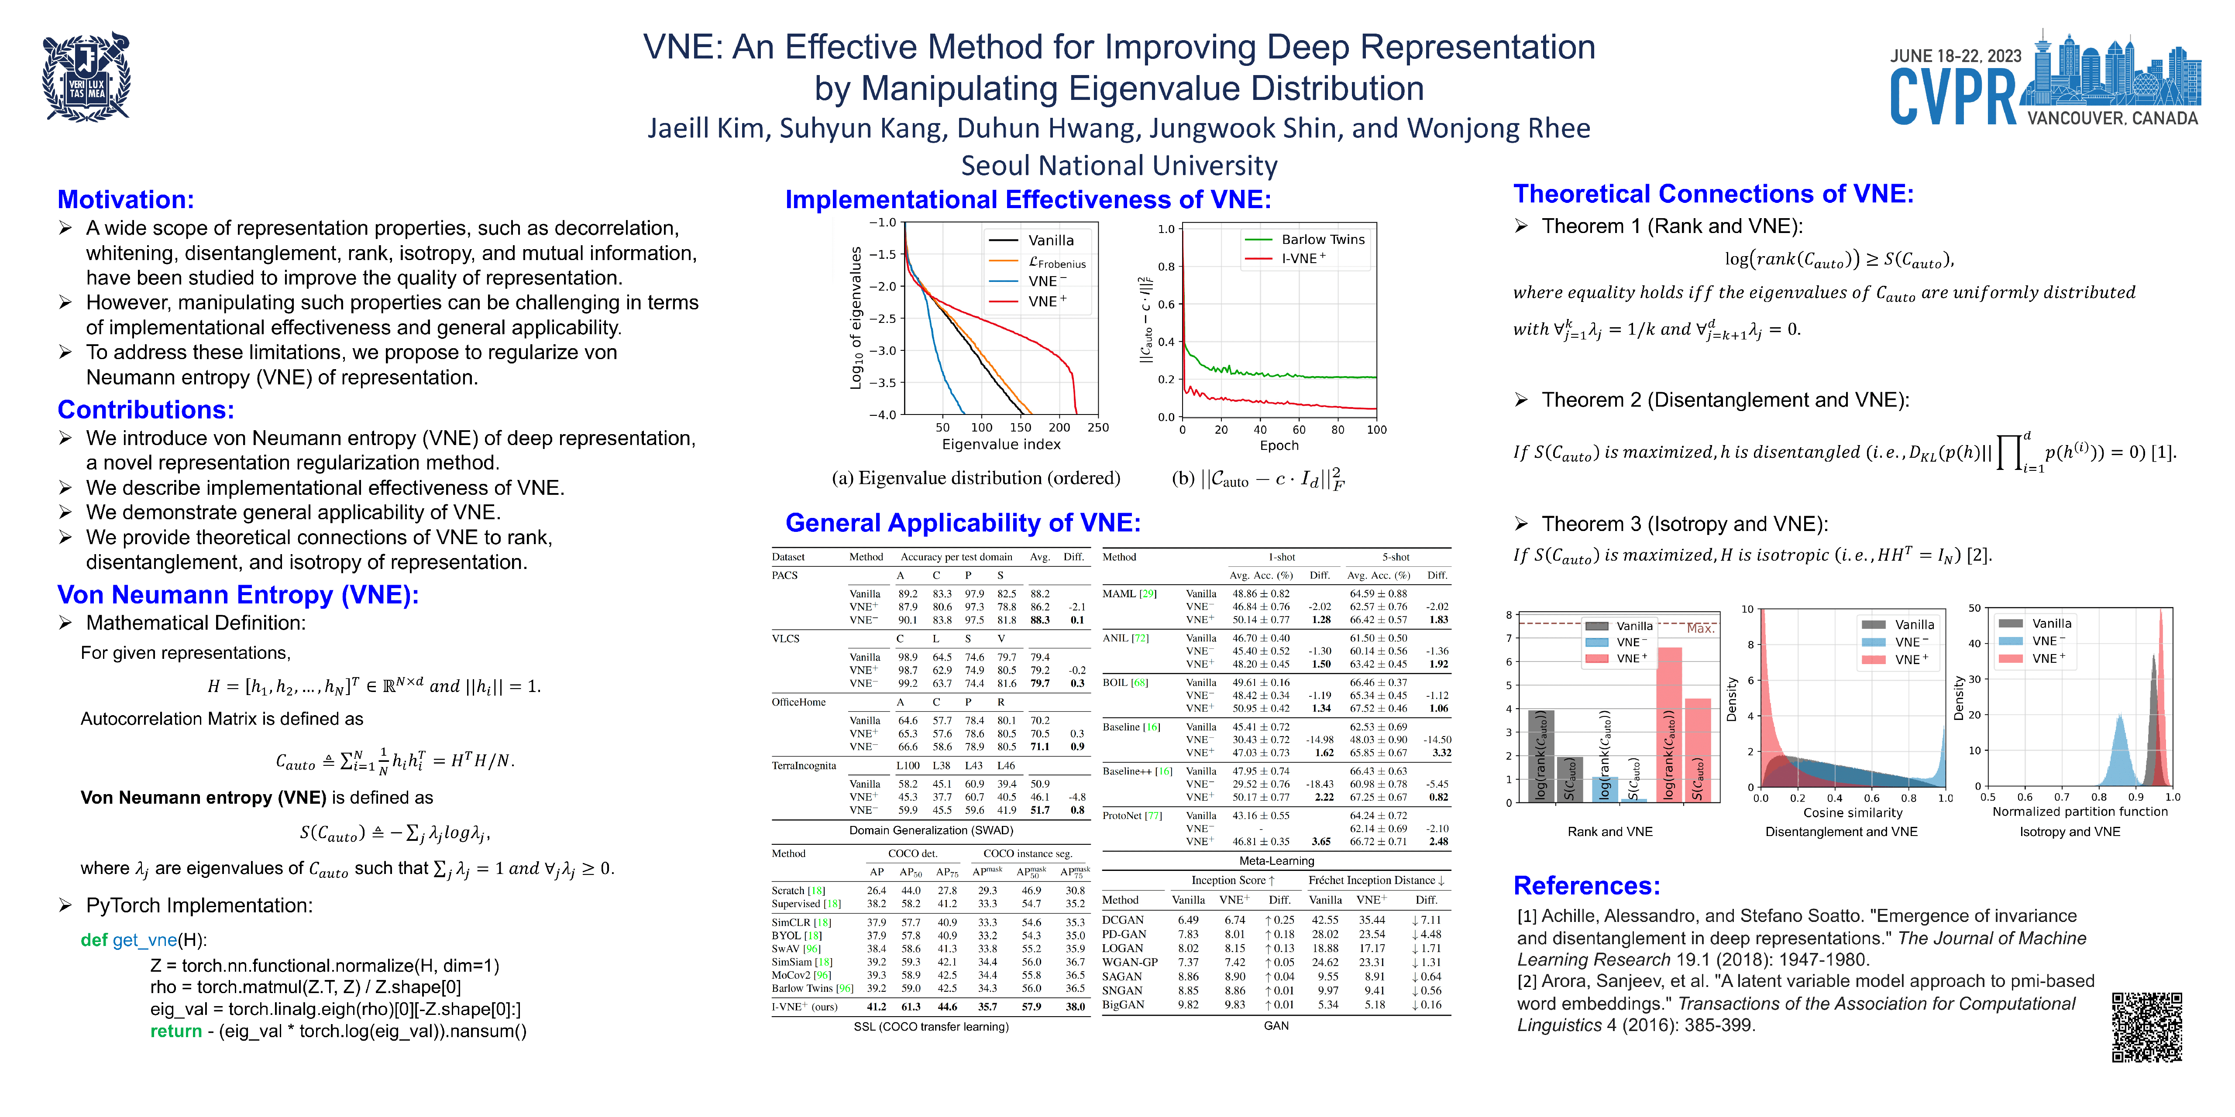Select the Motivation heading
(x=126, y=199)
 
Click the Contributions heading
(x=146, y=409)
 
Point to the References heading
(x=1586, y=885)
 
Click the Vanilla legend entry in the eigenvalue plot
(x=1050, y=240)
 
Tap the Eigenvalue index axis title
(x=1001, y=444)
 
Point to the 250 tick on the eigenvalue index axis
(x=1097, y=427)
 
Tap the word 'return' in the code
(x=175, y=1031)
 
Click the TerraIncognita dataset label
(x=803, y=766)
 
